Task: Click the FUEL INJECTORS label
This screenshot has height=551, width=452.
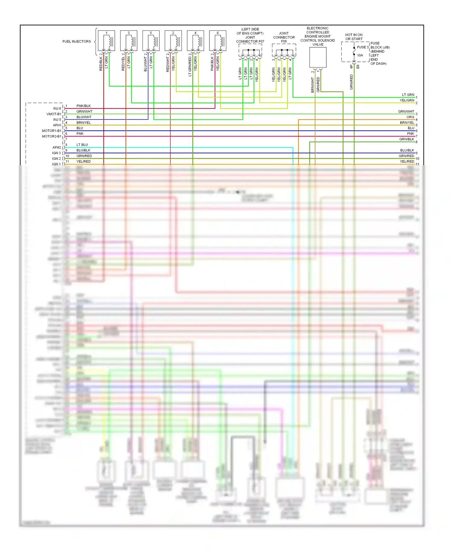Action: pyautogui.click(x=77, y=42)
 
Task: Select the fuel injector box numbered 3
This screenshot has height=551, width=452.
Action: pyautogui.click(x=129, y=41)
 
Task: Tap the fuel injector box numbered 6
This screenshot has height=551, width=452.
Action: pyautogui.click(x=218, y=41)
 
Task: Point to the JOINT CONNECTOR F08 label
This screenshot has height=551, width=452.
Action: pyautogui.click(x=284, y=37)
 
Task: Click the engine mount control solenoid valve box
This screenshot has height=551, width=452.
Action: pyautogui.click(x=318, y=57)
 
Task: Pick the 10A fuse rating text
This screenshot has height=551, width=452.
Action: pyautogui.click(x=360, y=55)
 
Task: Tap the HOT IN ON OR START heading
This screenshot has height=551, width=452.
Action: pyautogui.click(x=354, y=37)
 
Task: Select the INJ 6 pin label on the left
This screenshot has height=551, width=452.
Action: pyautogui.click(x=57, y=109)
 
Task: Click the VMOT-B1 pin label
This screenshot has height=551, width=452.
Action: pyautogui.click(x=54, y=114)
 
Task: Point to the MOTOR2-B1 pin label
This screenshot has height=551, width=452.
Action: pyautogui.click(x=52, y=137)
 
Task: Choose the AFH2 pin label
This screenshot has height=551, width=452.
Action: pyautogui.click(x=57, y=148)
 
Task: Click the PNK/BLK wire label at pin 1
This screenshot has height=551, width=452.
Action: pyautogui.click(x=83, y=106)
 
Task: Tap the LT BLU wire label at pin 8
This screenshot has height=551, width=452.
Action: pyautogui.click(x=82, y=145)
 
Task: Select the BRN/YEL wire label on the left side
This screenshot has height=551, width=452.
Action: pyautogui.click(x=83, y=123)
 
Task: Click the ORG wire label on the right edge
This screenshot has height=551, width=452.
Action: pyautogui.click(x=410, y=117)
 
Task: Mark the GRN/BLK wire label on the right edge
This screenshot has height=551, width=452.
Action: pyautogui.click(x=406, y=139)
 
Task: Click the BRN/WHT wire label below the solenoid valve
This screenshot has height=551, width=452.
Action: pyautogui.click(x=312, y=85)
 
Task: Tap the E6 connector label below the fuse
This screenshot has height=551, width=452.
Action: pyautogui.click(x=358, y=67)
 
